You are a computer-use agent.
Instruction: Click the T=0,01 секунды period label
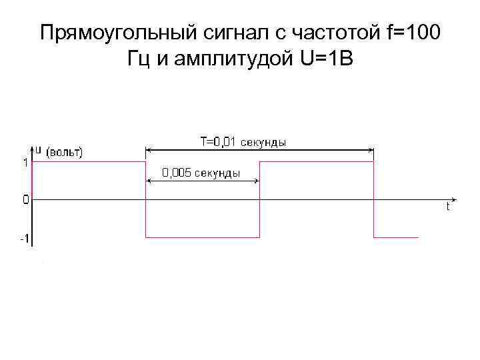(243, 142)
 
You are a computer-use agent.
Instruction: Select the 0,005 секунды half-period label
(202, 173)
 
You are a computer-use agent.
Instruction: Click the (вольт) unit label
(65, 151)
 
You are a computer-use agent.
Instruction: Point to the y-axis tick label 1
(25, 161)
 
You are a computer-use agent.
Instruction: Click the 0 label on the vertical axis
(25, 199)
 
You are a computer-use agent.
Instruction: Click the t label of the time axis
(448, 207)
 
